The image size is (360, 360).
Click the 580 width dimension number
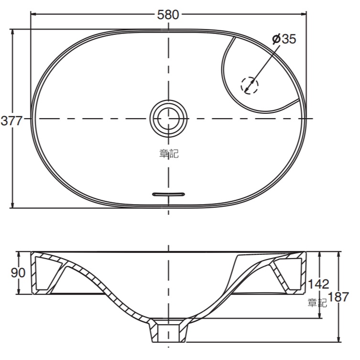click(x=168, y=15)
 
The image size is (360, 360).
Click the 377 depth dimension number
click(x=11, y=120)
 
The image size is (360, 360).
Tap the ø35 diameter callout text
click(x=284, y=39)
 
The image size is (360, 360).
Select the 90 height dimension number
click(x=18, y=273)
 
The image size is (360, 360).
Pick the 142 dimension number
click(x=318, y=284)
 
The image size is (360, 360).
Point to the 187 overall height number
click(x=338, y=296)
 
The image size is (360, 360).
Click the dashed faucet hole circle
click(x=250, y=85)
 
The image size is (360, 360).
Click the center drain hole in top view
click(x=168, y=119)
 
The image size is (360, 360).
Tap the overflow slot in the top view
click(x=168, y=194)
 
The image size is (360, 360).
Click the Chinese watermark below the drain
click(x=169, y=153)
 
